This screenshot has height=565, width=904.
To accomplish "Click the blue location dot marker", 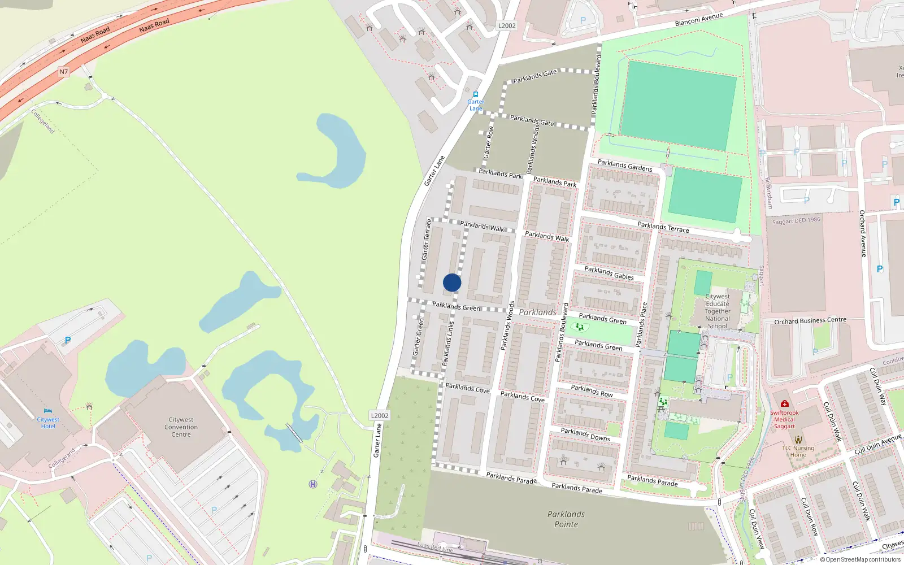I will (x=452, y=282).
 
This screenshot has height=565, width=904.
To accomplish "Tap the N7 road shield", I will (x=64, y=72).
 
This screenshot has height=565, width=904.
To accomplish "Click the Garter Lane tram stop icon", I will (x=476, y=94).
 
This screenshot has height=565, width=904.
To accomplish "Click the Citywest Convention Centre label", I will (x=181, y=427).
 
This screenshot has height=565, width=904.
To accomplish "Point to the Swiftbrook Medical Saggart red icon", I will (x=784, y=404).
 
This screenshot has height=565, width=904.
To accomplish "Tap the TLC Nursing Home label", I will (x=798, y=451).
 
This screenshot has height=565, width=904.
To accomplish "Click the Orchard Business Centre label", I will (x=810, y=320).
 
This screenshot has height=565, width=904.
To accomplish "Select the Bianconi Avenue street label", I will (x=698, y=20).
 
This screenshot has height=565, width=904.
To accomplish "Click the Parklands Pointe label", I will (x=566, y=519).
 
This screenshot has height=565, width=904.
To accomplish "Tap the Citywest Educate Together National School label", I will (x=718, y=311).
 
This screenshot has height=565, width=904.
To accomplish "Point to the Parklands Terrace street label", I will (x=663, y=227).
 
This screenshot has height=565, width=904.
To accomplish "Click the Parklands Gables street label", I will (x=609, y=273).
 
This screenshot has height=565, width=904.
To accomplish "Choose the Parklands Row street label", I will (x=592, y=390).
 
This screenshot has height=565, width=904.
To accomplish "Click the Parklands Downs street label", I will (x=585, y=434).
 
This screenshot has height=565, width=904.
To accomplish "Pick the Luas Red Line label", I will (x=435, y=546).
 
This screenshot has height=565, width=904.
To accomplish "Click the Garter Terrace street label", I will (x=427, y=240).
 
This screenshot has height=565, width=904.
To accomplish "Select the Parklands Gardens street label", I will (x=624, y=165).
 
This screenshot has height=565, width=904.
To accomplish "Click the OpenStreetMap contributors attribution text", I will (x=860, y=560).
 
